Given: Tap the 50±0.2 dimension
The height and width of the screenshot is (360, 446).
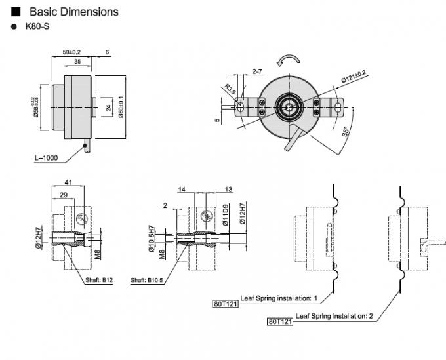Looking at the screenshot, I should coord(71,51).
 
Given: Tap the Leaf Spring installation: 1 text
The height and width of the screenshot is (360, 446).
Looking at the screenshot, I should coord(279,298).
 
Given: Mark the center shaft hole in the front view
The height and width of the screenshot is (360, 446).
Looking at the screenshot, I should coord(287,105).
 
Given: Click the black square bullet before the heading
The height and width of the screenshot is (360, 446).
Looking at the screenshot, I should coord(16,12).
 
